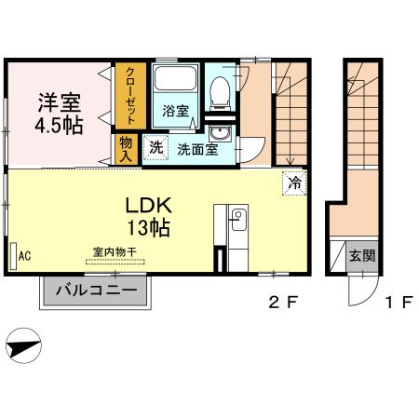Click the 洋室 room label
[58, 101]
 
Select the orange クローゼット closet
[128, 96]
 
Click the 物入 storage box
[127, 148]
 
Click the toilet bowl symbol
[220, 89]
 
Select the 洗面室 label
[198, 149]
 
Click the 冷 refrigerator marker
[293, 182]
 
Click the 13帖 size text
[148, 225]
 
